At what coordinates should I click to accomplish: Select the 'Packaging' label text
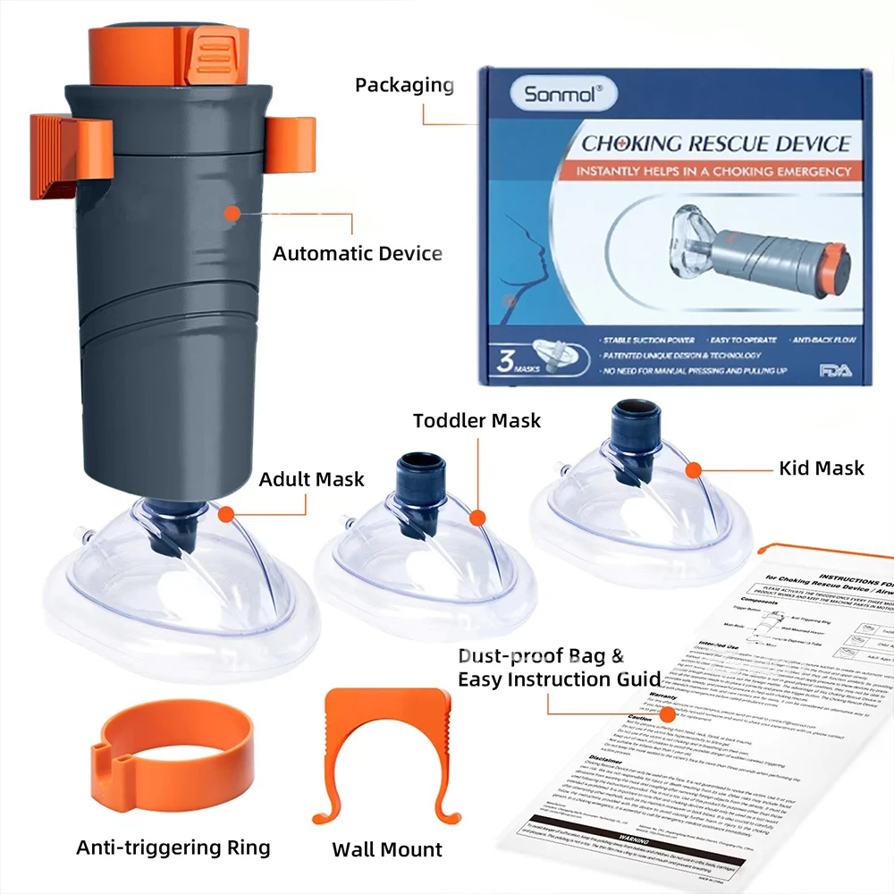[404, 85]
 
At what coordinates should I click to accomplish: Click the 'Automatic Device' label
[358, 253]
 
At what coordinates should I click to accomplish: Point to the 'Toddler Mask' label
[477, 420]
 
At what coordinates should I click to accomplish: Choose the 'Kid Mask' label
[822, 468]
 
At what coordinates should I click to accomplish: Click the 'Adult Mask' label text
[311, 479]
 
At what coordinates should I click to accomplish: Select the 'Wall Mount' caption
[387, 848]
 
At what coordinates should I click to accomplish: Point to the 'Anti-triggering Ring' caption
[173, 847]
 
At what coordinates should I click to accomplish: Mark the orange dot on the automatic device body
[232, 213]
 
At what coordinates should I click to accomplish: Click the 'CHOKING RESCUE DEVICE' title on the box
[716, 142]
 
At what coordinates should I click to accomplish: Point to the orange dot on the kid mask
[691, 468]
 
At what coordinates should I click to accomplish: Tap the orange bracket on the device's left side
[72, 156]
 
